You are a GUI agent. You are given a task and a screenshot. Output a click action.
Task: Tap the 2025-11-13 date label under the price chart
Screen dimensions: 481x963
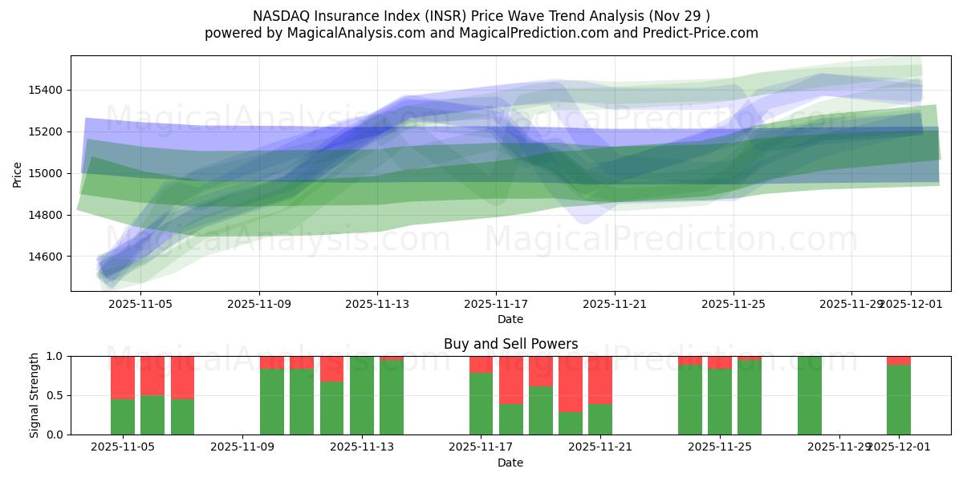(x=377, y=304)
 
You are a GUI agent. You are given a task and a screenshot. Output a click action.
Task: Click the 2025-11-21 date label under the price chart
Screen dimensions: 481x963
(x=614, y=304)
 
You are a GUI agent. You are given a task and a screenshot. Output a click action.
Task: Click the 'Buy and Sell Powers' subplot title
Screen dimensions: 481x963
(x=510, y=344)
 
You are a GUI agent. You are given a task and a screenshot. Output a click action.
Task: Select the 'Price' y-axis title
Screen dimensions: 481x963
(x=18, y=173)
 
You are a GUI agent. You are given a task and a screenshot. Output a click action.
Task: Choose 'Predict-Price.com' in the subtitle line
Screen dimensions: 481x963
(x=703, y=33)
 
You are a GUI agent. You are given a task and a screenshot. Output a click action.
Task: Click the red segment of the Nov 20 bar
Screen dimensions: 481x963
(x=571, y=383)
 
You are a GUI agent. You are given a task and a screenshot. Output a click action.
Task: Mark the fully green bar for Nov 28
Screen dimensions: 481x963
(x=810, y=395)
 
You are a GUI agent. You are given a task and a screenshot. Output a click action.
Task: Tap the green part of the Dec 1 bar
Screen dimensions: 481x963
(x=899, y=399)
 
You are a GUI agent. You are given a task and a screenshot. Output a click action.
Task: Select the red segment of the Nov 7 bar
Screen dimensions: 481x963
(x=182, y=377)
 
